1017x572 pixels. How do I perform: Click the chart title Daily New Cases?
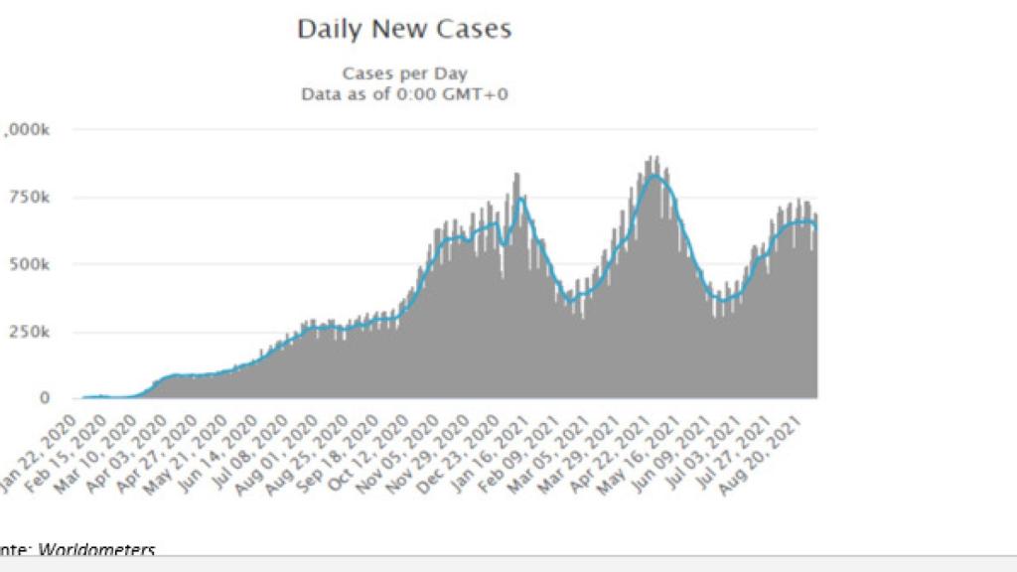click(x=404, y=30)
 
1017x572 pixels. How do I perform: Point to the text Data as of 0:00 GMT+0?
click(x=404, y=94)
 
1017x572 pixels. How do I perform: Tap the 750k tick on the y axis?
click(x=30, y=198)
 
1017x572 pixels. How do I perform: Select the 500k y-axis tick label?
click(x=30, y=265)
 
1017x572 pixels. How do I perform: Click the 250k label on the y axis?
click(x=30, y=332)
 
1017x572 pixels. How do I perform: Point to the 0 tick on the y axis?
click(x=44, y=398)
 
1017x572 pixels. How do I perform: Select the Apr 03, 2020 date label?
click(x=145, y=442)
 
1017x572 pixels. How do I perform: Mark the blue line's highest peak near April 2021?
click(x=654, y=176)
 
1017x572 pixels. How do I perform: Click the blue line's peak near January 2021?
click(x=522, y=198)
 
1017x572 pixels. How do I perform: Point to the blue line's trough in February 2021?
click(x=569, y=299)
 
